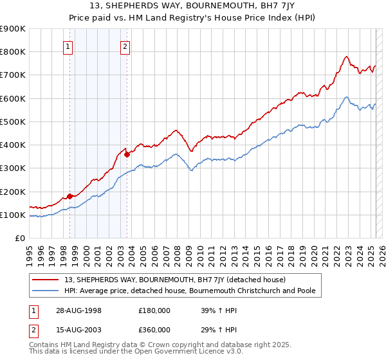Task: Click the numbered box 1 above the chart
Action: pyautogui.click(x=68, y=46)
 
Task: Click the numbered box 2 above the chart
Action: pyautogui.click(x=125, y=46)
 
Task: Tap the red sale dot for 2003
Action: pyautogui.click(x=127, y=154)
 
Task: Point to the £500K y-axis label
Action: pyautogui.click(x=13, y=122)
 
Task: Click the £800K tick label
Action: pyautogui.click(x=13, y=51)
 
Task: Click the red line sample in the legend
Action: pyautogui.click(x=46, y=280)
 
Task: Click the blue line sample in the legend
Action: pyautogui.click(x=46, y=291)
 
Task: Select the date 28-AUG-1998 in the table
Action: pyautogui.click(x=78, y=310)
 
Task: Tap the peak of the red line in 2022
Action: pyautogui.click(x=346, y=57)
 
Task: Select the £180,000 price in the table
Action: pyautogui.click(x=154, y=310)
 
